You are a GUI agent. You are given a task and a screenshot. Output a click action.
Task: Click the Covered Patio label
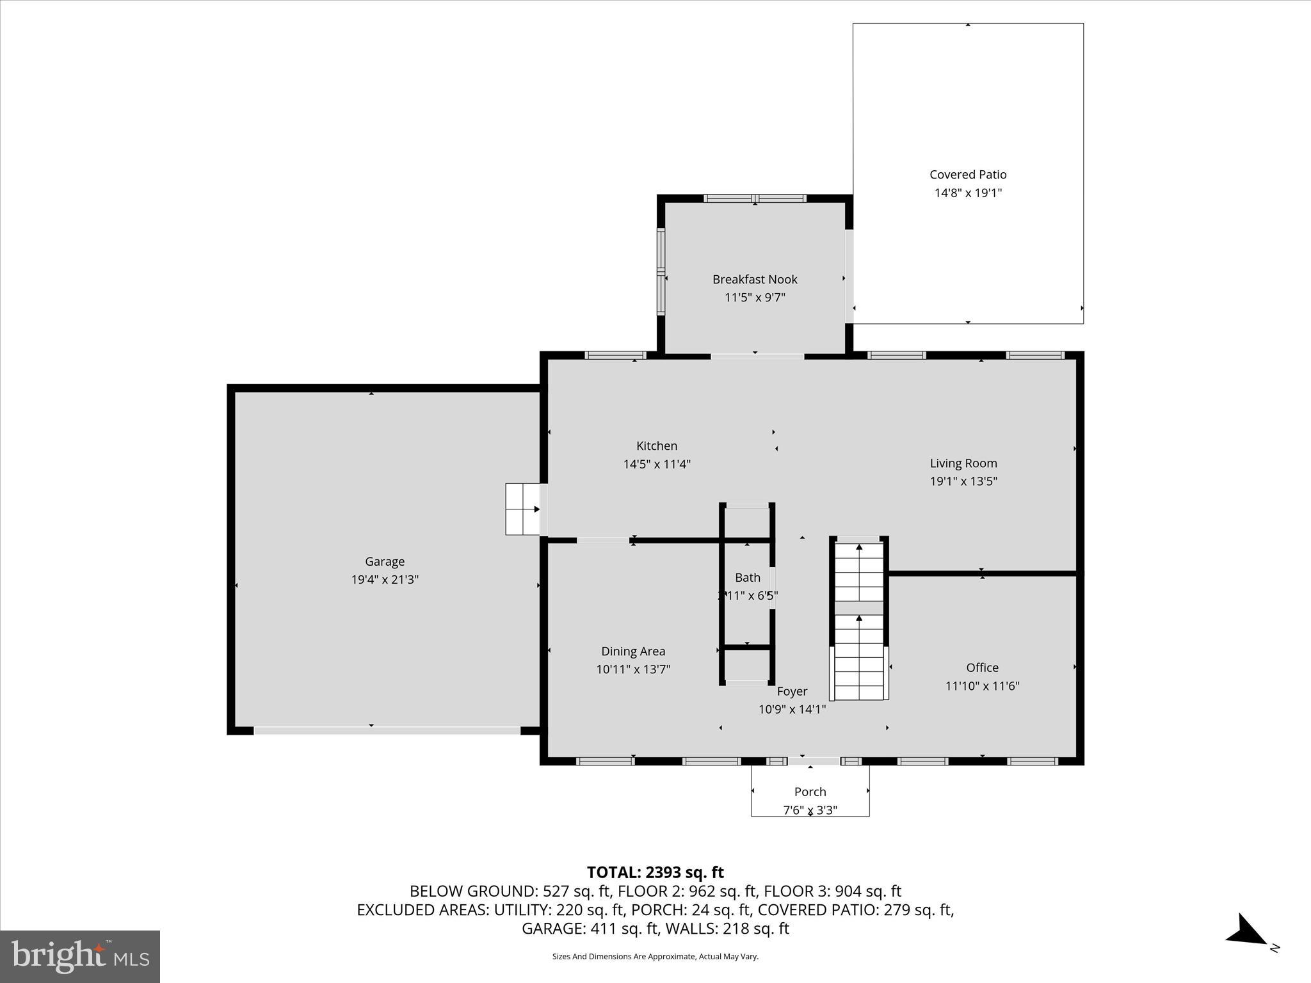coord(968,174)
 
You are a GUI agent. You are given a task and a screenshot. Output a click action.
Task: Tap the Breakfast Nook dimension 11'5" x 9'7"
coord(755,298)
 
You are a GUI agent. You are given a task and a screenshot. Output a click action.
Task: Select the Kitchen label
coord(657,446)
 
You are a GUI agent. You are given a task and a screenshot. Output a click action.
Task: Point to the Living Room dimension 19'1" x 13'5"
coord(963,481)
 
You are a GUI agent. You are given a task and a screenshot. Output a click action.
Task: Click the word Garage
coord(385,561)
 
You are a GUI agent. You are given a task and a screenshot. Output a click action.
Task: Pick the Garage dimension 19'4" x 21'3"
coord(385,580)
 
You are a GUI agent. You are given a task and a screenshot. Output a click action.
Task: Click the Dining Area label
coord(633,651)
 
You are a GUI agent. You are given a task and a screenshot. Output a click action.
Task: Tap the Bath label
coord(748,577)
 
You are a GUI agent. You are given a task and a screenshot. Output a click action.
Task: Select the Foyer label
coord(792,691)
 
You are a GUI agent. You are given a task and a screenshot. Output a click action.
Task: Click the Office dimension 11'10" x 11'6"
coord(982,686)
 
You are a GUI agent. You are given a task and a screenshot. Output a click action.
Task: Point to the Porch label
coord(810,792)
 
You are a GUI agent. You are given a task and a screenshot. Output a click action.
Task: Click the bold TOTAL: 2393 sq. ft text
coord(655,872)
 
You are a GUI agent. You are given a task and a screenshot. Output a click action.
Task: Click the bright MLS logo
coord(80,956)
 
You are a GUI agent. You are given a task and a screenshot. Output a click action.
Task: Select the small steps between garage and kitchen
coord(523,509)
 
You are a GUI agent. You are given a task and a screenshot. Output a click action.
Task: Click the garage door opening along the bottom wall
coord(387,730)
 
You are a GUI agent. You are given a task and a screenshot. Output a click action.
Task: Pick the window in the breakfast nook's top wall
coord(755,198)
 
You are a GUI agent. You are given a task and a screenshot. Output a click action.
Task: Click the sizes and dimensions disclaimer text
coord(655,957)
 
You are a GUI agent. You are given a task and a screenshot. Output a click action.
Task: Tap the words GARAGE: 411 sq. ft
coord(591,929)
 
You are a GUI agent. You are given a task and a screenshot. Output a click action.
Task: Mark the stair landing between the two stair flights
coord(859,608)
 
